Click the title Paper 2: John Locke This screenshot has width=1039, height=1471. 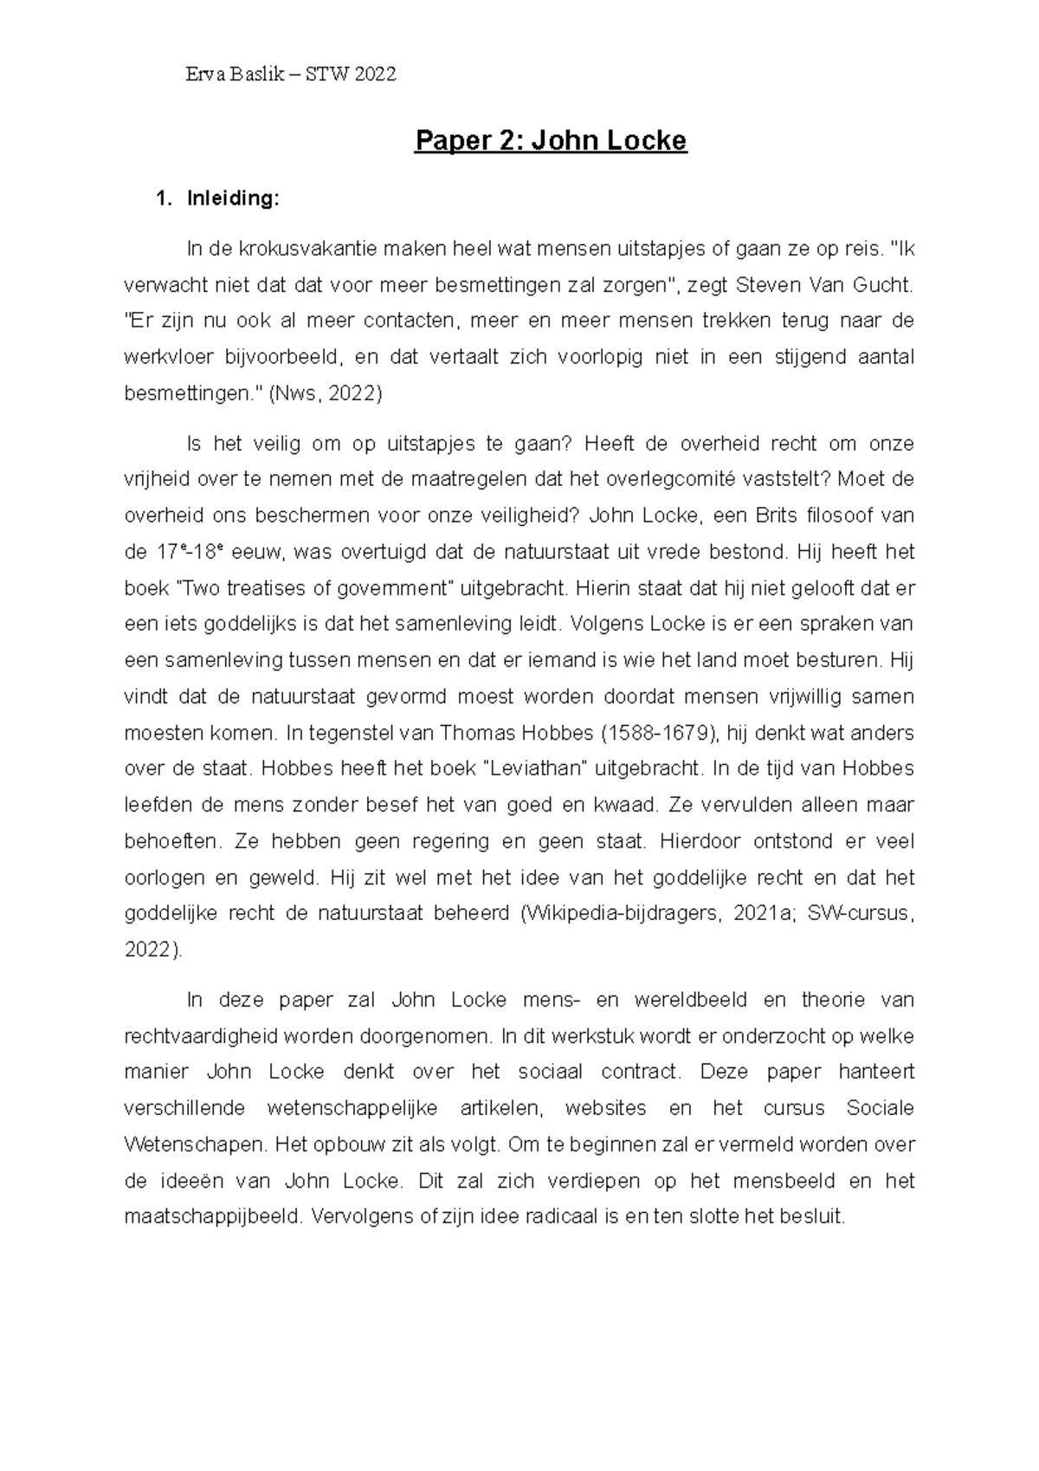pos(551,140)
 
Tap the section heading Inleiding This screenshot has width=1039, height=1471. pos(233,198)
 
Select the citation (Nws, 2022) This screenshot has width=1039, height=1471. pos(326,393)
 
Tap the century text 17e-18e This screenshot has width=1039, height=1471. pos(191,552)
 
